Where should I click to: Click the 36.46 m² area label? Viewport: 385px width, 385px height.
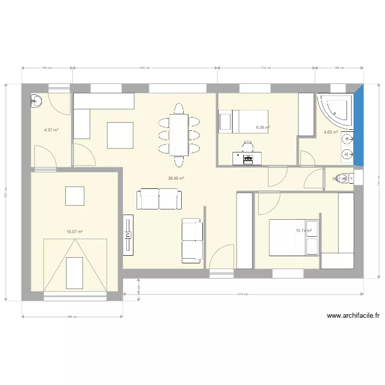pos(176,178)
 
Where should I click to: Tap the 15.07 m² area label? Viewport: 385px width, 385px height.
pos(74,232)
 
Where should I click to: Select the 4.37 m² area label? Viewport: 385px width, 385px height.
pos(51,130)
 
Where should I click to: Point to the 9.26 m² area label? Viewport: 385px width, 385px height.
pos(263,128)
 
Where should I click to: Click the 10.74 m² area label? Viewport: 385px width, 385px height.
pos(303,230)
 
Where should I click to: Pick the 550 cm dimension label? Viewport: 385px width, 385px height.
pos(145,67)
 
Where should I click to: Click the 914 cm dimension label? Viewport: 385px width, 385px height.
pos(243,294)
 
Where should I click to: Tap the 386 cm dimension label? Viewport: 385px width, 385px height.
pos(72,317)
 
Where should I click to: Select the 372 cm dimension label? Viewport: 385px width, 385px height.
pos(266,67)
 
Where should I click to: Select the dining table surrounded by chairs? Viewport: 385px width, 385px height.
pos(178,134)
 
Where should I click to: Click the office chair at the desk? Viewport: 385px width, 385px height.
pos(248,147)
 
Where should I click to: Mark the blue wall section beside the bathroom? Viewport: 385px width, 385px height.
pos(359,126)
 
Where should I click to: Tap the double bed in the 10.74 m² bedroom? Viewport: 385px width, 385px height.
pos(294,237)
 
